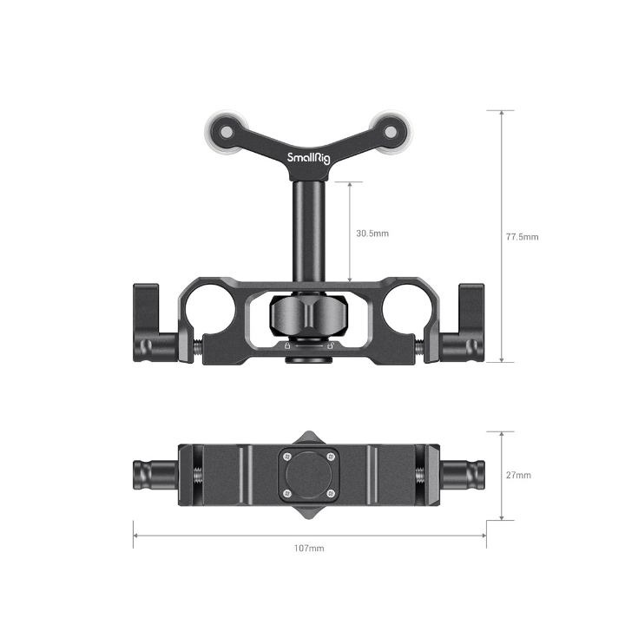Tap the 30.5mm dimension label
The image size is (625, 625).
372,233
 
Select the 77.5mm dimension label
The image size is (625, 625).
523,236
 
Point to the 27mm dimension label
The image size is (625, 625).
519,475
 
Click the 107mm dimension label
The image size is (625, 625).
309,549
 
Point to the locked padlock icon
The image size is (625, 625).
287,345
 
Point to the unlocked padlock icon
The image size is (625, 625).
330,345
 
